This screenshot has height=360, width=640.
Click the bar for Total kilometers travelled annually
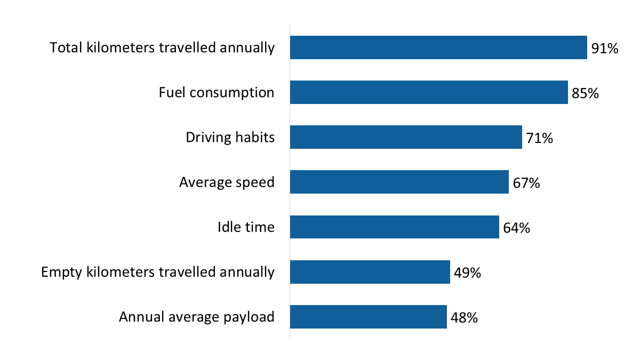pos(438,47)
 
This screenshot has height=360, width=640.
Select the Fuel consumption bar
pos(429,92)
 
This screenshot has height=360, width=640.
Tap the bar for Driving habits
pos(406,137)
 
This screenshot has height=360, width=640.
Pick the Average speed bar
pos(399,182)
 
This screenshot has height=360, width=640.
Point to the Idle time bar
pos(394,227)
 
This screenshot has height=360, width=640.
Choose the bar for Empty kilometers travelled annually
pos(370,272)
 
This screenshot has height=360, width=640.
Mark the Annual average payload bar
pos(368,317)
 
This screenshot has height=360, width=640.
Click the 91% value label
pos(605,49)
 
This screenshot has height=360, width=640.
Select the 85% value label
pos(585,93)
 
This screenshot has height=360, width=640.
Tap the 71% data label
pos(539,138)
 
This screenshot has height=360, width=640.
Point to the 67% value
pos(526,183)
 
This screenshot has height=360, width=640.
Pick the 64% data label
pos(516,228)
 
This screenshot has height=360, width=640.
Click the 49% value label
pos(468,273)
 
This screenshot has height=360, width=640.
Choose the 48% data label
pos(464,318)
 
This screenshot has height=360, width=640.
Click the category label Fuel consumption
pos(217,93)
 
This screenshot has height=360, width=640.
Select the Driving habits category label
pos(230,138)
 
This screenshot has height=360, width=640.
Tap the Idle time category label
pos(246,227)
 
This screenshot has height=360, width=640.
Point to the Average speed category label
pos(227,182)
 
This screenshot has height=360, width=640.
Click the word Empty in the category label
pos(61,273)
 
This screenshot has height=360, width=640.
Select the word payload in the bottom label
pos(252,317)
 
